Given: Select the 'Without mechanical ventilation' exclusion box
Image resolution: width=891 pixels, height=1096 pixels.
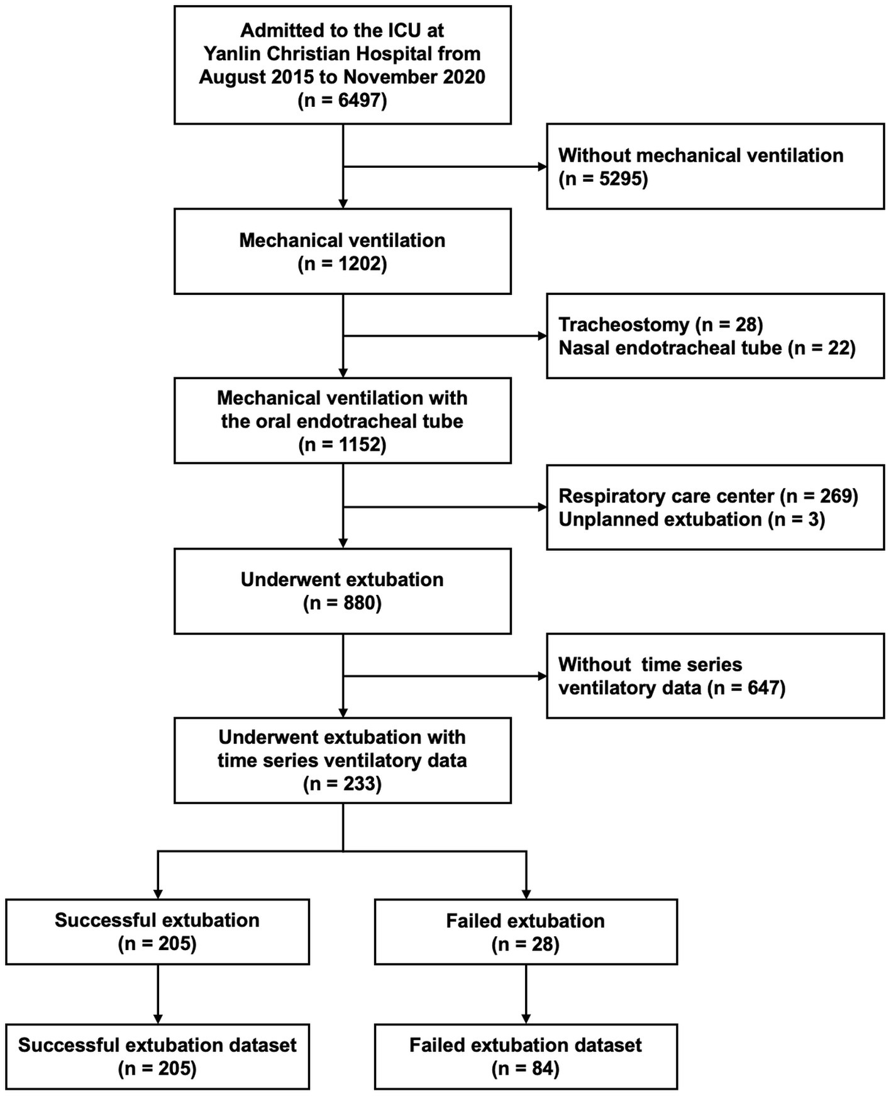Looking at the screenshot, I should tap(715, 167).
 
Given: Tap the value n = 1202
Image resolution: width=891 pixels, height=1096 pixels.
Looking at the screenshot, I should tap(342, 264).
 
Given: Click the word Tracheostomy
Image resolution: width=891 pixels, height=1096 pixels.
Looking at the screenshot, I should tap(624, 324).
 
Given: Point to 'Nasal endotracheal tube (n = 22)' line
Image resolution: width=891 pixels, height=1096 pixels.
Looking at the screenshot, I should tap(707, 348).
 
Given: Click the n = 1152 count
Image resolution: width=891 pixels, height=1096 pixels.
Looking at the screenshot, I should tap(342, 445).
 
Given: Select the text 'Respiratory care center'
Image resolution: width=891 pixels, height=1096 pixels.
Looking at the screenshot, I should tap(666, 496).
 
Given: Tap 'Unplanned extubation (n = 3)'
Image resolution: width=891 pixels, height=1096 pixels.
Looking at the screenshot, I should tap(691, 519).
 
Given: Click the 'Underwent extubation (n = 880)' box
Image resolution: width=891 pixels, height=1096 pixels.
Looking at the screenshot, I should tap(342, 591).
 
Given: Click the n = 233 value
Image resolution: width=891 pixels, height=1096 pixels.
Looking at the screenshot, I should tap(342, 784).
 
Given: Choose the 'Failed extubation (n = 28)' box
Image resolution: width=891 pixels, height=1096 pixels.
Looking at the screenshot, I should tap(526, 932).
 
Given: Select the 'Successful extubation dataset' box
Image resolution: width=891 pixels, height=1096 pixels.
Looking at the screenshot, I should tap(157, 1056).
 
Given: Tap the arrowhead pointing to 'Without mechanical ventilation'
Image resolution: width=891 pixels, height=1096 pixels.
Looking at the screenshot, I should tap(541, 167).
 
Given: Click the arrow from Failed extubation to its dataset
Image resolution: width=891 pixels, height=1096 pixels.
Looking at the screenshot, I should tap(526, 994).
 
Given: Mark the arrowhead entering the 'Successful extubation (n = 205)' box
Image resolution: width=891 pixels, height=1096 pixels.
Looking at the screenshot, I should tap(158, 894).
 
